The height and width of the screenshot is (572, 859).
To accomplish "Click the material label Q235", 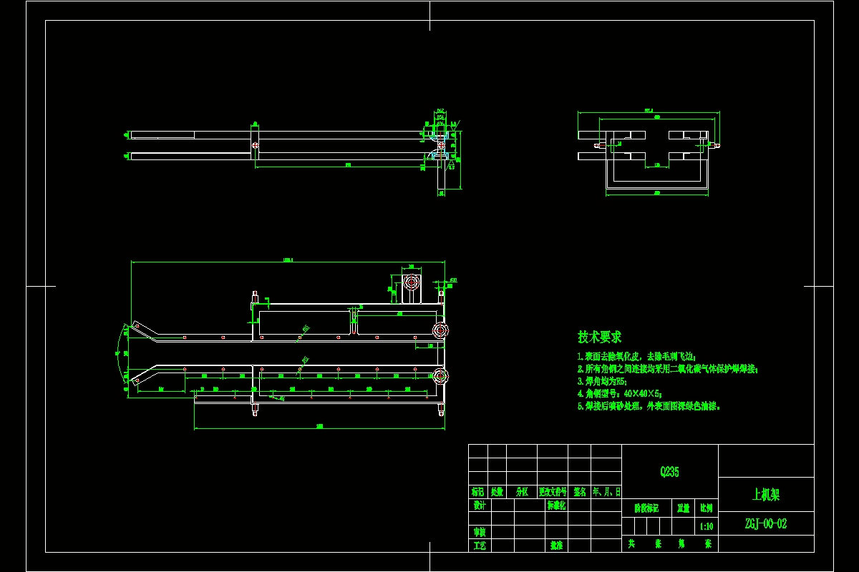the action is tap(669, 472).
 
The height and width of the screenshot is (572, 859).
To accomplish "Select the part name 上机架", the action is tap(765, 494).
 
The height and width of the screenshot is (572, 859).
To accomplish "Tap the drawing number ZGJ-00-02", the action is tap(765, 523).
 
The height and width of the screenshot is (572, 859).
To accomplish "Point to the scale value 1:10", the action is tap(707, 526).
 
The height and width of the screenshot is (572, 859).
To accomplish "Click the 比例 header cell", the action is tap(707, 508).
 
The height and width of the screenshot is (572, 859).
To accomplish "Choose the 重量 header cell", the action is tap(684, 508).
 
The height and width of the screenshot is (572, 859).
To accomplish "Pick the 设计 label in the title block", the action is tap(479, 505).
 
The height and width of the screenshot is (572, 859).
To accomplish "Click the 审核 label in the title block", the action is tap(479, 532).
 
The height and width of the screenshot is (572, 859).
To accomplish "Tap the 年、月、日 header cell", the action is tap(607, 492).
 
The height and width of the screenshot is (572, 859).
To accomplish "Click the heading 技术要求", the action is tap(600, 336).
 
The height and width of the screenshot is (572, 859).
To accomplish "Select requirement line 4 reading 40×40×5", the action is tap(620, 393).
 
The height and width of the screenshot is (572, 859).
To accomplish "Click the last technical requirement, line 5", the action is tap(649, 406).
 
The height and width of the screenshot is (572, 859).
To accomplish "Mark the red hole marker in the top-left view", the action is tap(255, 146).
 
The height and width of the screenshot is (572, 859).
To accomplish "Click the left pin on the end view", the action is tap(597, 146).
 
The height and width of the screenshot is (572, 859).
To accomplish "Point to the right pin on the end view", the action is tap(717, 146).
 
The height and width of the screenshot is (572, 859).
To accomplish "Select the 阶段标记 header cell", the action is tap(646, 508).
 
